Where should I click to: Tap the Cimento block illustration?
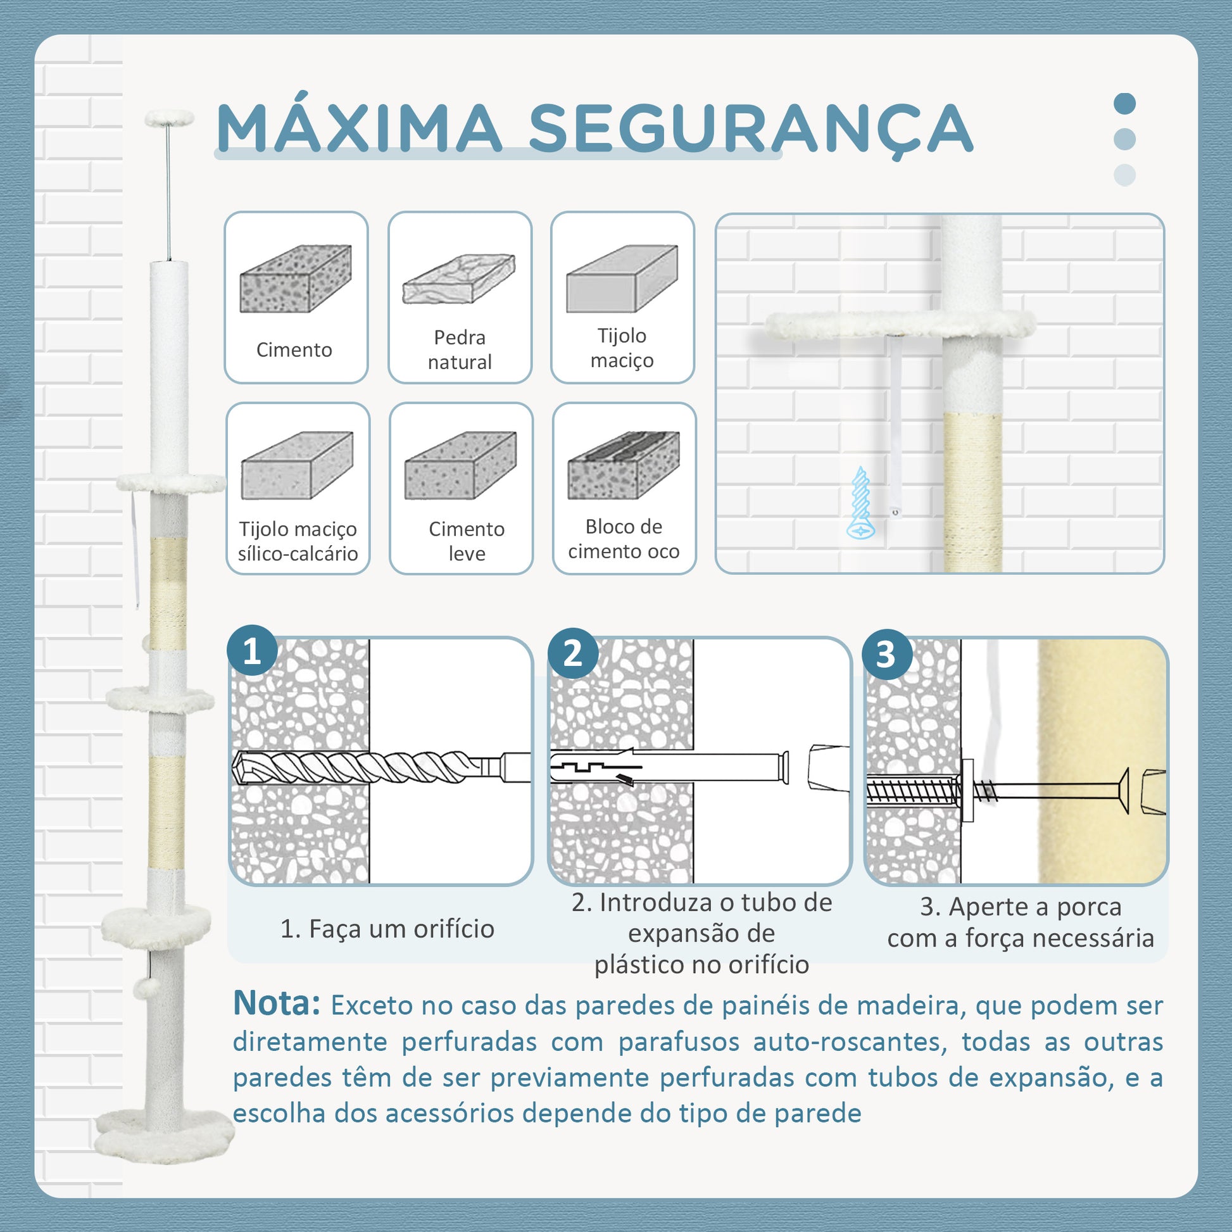(x=296, y=279)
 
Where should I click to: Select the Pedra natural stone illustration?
(x=459, y=279)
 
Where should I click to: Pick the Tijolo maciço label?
(x=622, y=348)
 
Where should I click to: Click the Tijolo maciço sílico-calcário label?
(x=298, y=541)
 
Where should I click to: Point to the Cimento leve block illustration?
(x=460, y=465)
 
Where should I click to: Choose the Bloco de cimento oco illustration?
(x=624, y=465)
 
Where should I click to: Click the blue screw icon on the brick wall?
(x=861, y=503)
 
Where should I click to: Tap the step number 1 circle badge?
(x=252, y=651)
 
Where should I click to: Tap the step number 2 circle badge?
(x=573, y=653)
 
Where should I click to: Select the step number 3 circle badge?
(x=886, y=654)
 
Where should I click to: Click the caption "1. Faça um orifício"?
(x=387, y=929)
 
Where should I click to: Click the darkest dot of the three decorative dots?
(x=1125, y=103)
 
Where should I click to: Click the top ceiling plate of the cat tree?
(x=169, y=117)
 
